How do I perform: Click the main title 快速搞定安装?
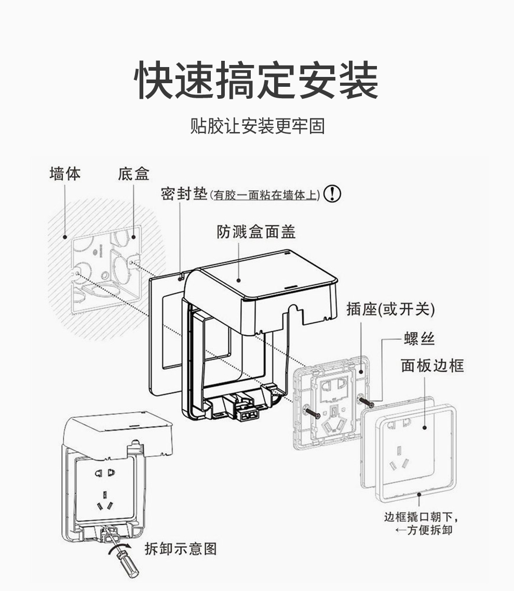tap(256, 81)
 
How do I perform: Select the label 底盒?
tap(133, 174)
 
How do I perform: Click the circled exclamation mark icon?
tap(332, 194)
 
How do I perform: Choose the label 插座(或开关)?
tap(390, 309)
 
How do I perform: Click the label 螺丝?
tap(419, 339)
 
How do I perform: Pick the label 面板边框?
tap(432, 365)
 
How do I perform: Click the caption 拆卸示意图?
tap(180, 548)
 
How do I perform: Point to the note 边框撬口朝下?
tap(422, 517)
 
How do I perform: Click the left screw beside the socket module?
tap(312, 413)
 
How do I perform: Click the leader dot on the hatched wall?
tap(65, 237)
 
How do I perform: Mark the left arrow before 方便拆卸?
tap(400, 531)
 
